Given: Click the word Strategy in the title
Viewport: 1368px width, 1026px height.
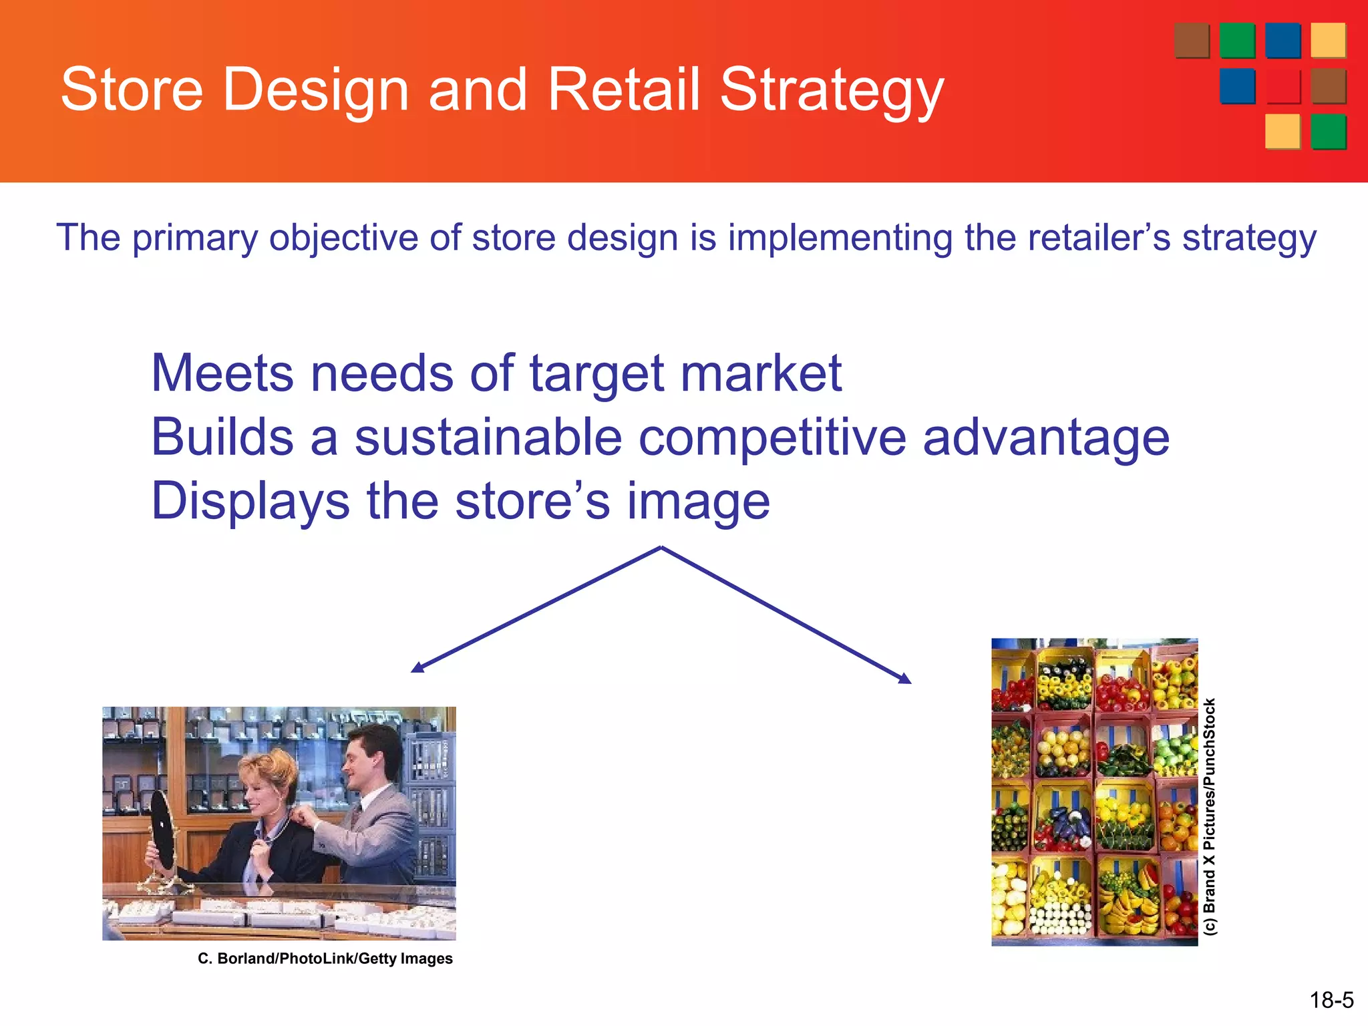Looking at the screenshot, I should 832,90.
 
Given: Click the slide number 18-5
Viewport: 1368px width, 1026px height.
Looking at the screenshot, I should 1331,1000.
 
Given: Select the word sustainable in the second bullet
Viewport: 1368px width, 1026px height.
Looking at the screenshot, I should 488,438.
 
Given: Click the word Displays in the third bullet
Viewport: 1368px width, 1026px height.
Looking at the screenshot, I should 250,502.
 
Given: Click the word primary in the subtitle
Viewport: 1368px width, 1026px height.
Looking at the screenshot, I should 194,238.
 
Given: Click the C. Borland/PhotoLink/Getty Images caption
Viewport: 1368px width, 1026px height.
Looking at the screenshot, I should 325,959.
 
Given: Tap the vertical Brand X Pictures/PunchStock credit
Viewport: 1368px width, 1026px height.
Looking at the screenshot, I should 1210,816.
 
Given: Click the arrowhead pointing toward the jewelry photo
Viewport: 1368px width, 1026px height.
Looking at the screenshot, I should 417,667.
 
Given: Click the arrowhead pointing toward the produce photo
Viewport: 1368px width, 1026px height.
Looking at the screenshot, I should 905,679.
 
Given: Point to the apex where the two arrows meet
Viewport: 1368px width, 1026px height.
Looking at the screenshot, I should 661,548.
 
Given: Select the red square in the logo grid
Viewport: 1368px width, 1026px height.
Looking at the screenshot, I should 1282,87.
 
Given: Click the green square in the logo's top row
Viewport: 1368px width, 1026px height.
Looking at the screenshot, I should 1237,41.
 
